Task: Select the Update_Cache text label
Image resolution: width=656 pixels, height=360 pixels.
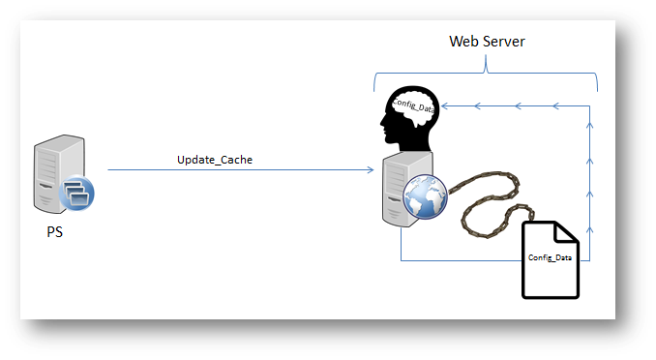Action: tap(215, 159)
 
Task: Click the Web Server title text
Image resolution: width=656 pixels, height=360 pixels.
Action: tap(486, 42)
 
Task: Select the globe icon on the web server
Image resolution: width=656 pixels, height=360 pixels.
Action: tap(422, 201)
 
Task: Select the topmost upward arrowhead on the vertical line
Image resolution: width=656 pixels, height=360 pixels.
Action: tap(590, 127)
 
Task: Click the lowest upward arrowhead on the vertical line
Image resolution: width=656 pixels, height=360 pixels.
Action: tap(590, 232)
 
